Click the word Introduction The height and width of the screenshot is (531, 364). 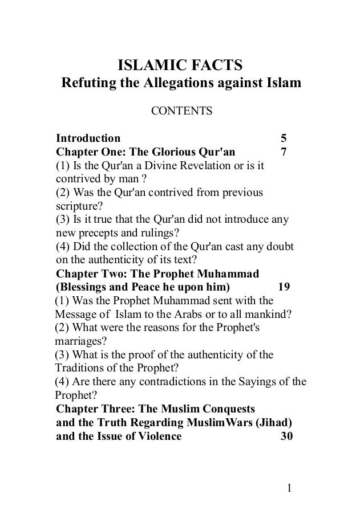click(x=88, y=138)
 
